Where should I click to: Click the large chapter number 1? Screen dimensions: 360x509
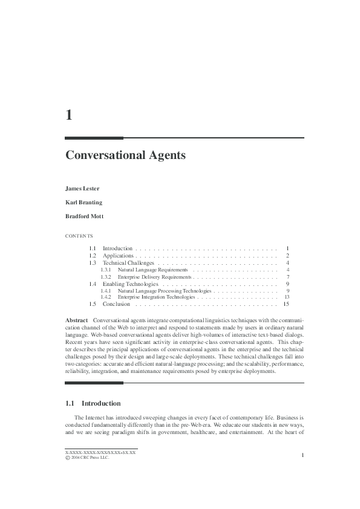(x=69, y=114)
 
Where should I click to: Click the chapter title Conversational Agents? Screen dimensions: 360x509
(x=125, y=155)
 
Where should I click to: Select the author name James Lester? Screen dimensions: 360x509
(x=82, y=188)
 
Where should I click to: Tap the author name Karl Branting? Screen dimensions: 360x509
(x=83, y=202)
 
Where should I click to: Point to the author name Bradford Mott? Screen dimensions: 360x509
(x=84, y=216)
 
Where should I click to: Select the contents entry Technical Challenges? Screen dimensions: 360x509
(x=128, y=263)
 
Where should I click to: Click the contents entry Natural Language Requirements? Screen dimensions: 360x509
(x=152, y=270)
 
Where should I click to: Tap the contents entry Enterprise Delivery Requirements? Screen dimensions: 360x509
(x=155, y=276)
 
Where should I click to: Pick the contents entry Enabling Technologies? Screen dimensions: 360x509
(x=130, y=284)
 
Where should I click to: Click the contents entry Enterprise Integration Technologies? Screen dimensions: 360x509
(x=156, y=297)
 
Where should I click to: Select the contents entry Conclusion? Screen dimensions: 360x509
(x=116, y=304)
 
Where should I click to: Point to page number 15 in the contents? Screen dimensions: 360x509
(x=286, y=304)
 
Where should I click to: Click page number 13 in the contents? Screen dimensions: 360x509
(x=287, y=297)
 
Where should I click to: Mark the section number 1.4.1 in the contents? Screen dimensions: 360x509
(x=106, y=290)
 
